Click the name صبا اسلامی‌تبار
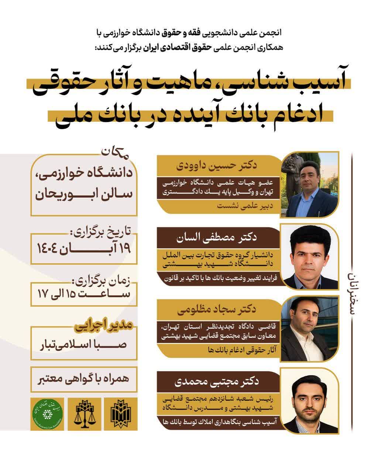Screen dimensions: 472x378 83,346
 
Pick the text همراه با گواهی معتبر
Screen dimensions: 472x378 84,380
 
